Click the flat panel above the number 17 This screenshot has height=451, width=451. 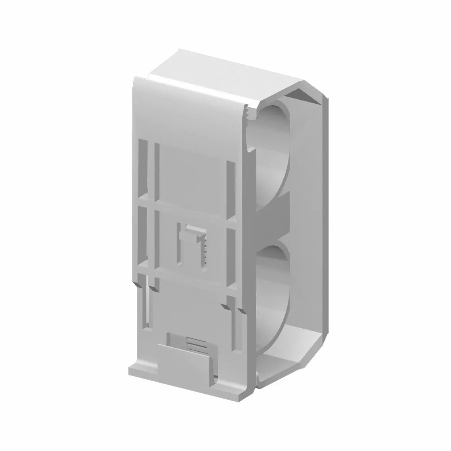point(191,175)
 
